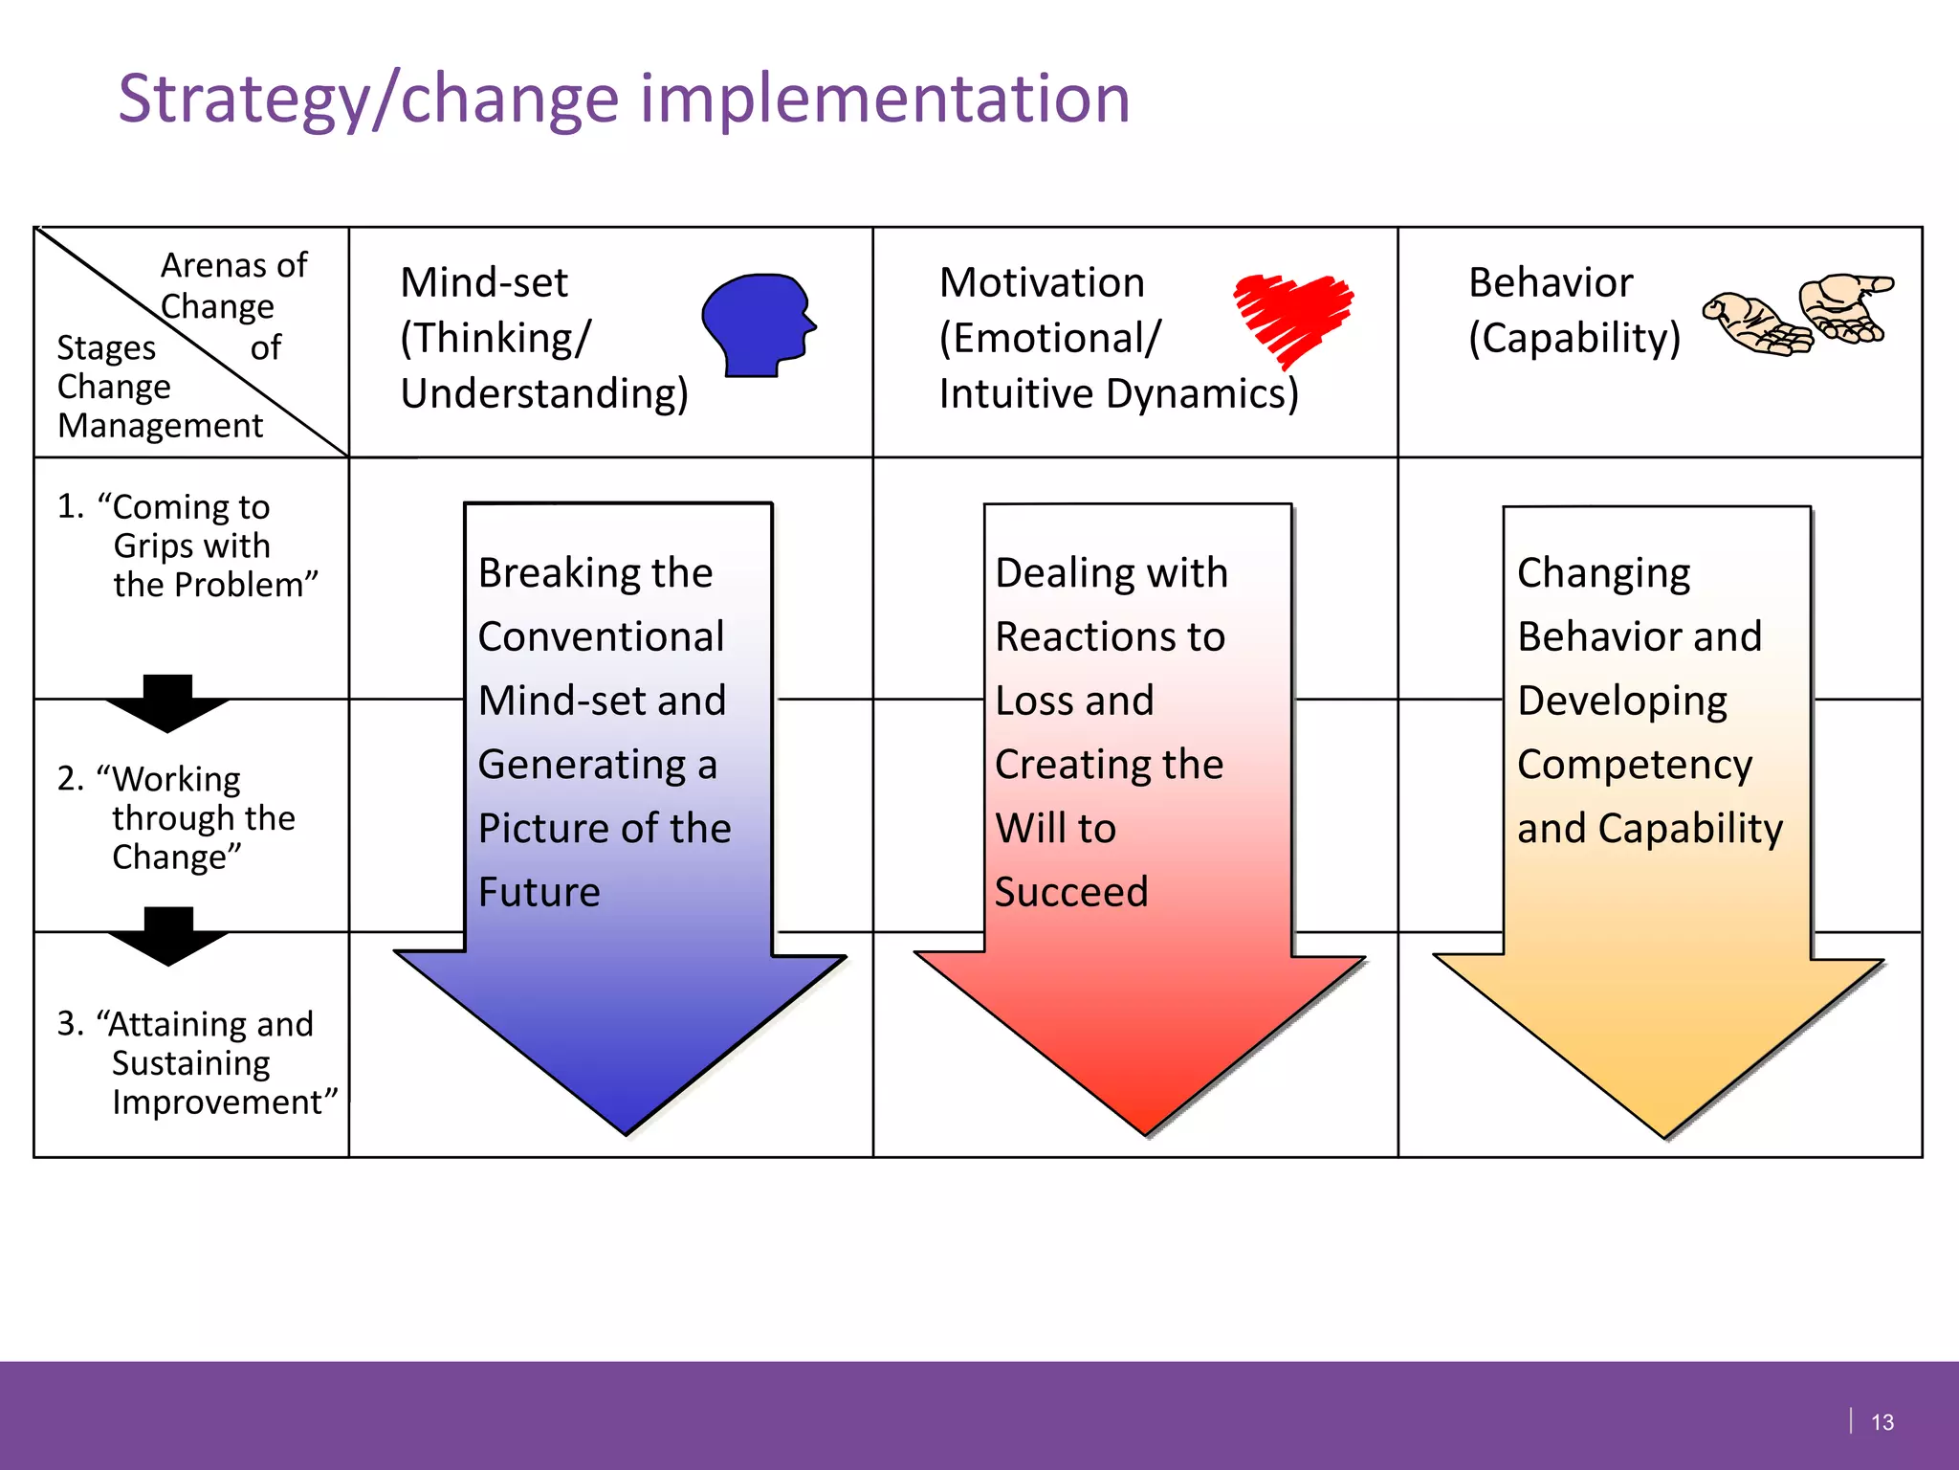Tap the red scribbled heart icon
point(1291,316)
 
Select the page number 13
point(1882,1423)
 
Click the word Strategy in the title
point(244,100)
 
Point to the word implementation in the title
point(885,100)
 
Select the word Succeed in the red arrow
point(1071,892)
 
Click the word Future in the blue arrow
point(539,892)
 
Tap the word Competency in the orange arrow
point(1634,765)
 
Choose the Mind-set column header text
point(484,283)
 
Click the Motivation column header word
point(1042,283)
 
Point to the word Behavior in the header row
point(1551,283)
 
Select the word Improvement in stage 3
point(224,1102)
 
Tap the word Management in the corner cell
point(160,426)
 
